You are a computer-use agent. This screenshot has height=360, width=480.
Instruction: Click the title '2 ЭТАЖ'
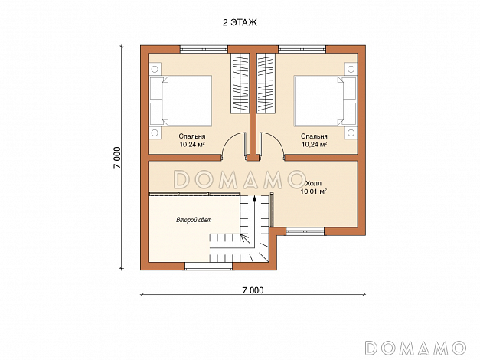coord(240,23)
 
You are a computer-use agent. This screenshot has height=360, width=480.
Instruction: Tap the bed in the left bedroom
coord(181,101)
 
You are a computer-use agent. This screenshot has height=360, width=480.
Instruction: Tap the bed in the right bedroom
coord(325,101)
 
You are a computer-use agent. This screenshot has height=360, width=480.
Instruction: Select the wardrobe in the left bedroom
coord(240,83)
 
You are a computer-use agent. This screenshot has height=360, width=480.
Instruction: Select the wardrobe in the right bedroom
coord(266,83)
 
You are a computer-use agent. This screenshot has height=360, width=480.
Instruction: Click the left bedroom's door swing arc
coord(228,139)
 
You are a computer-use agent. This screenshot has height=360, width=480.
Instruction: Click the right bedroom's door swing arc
coord(278,139)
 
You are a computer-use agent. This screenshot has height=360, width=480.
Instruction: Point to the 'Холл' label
coord(313,184)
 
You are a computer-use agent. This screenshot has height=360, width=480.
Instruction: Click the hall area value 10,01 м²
coord(313,191)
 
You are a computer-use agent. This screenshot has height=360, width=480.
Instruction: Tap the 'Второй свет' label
coord(194,220)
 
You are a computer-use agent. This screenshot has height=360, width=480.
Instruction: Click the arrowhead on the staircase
coord(254,199)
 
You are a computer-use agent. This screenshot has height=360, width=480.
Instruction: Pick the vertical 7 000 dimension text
coord(118,158)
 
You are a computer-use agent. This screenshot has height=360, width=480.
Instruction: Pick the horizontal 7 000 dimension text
coord(253,290)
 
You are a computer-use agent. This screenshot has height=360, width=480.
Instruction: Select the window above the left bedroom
coord(204,49)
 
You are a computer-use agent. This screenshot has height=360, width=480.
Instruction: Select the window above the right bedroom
coord(302,49)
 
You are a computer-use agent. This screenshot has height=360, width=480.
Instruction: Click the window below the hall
coord(305,231)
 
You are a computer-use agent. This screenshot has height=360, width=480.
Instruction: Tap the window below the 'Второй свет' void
coord(208,266)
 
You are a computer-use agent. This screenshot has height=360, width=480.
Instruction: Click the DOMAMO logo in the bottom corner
coord(416,348)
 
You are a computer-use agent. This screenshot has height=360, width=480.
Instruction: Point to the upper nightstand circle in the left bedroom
coord(155,69)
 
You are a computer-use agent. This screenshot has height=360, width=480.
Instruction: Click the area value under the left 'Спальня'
coord(192,145)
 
